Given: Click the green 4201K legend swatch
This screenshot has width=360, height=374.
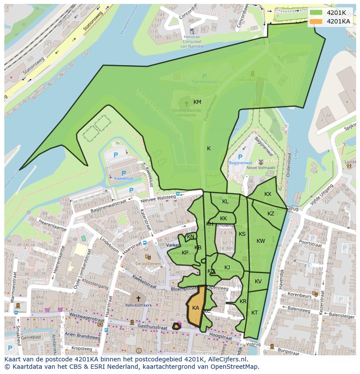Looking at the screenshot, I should [316, 13].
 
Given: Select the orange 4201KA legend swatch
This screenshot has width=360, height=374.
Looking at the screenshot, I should [316, 21].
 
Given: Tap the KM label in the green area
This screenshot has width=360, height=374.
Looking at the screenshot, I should [197, 102].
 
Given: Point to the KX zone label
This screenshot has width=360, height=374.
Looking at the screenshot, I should [268, 194].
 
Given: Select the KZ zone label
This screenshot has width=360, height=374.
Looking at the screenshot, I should [271, 214].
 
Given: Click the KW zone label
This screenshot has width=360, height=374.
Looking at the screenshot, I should [260, 241].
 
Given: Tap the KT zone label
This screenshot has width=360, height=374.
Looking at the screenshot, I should [254, 313].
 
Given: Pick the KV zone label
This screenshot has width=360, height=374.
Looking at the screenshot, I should [258, 281].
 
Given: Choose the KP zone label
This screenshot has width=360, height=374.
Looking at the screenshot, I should [185, 253].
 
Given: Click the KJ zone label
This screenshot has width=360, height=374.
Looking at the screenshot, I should [227, 268].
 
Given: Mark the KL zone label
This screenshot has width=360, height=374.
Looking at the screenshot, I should [225, 202].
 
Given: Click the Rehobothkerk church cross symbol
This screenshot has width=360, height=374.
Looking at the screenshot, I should [138, 298].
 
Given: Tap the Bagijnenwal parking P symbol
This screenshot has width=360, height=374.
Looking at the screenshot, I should [240, 157].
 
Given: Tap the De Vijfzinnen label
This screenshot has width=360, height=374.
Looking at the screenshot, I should [147, 264].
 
